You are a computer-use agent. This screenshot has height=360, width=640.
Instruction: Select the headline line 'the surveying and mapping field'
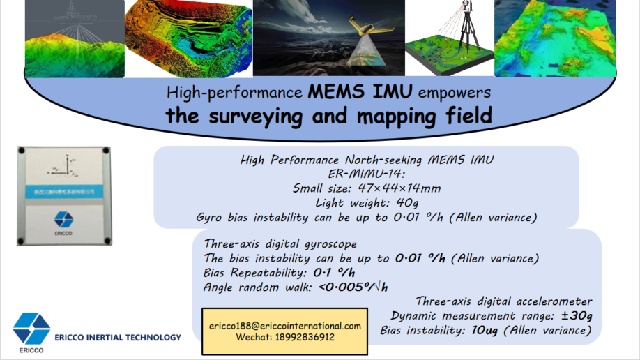(x=328, y=115)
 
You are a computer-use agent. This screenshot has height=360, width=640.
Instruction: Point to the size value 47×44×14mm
(x=400, y=188)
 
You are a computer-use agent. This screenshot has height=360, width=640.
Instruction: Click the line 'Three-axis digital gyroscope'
(x=280, y=243)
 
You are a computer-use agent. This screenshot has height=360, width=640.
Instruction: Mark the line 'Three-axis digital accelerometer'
(x=504, y=301)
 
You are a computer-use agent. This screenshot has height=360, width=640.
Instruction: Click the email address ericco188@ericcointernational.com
(x=284, y=326)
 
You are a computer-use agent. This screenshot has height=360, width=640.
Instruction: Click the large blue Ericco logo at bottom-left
(x=32, y=328)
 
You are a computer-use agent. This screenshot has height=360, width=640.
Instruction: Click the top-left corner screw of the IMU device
(x=24, y=151)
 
